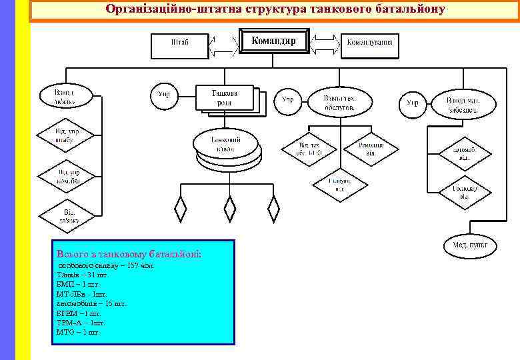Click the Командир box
pyautogui.click(x=274, y=42)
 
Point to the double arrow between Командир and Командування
pyautogui.click(x=326, y=44)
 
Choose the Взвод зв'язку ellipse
pyautogui.click(x=65, y=97)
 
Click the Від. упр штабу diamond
pyautogui.click(x=65, y=137)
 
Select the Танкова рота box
pyautogui.click(x=225, y=97)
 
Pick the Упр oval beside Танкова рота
pyautogui.click(x=163, y=95)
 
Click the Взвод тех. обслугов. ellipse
pyautogui.click(x=340, y=102)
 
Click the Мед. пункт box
pyautogui.click(x=470, y=245)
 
